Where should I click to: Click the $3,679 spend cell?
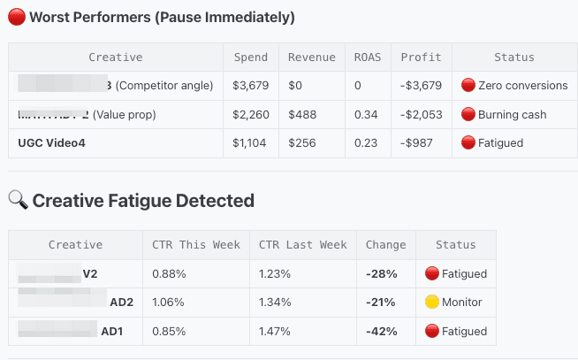pyautogui.click(x=250, y=86)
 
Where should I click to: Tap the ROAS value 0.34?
pyautogui.click(x=362, y=115)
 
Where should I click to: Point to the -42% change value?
pyautogui.click(x=381, y=332)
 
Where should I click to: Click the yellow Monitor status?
pyautogui.click(x=453, y=303)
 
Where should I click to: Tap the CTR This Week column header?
pyautogui.click(x=195, y=245)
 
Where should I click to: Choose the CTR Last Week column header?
pyautogui.click(x=302, y=245)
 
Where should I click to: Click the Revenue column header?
pyautogui.click(x=312, y=57)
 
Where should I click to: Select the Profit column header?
pyautogui.click(x=421, y=57)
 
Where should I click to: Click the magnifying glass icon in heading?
pyautogui.click(x=18, y=201)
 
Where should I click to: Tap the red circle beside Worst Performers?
pyautogui.click(x=17, y=17)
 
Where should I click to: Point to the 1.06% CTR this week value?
pyautogui.click(x=168, y=303)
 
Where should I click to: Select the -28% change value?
pyautogui.click(x=381, y=273)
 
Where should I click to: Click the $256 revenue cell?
pyautogui.click(x=302, y=143)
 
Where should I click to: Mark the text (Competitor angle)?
pyautogui.click(x=164, y=86)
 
